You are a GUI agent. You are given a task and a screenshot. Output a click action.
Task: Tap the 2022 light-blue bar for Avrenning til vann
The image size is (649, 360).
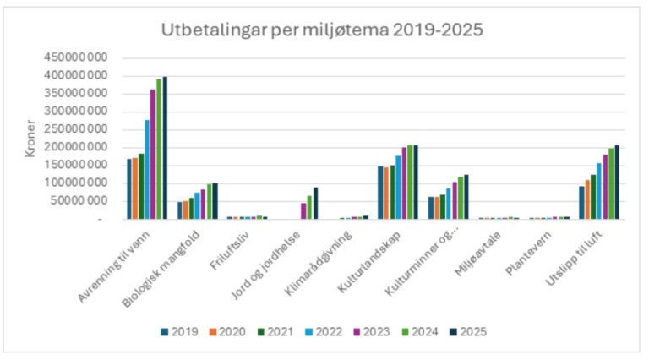pos(147,169)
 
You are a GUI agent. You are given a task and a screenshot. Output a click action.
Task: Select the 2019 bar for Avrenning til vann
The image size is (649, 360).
pos(129,188)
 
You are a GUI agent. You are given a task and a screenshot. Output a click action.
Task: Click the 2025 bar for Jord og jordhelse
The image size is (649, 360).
pos(315,203)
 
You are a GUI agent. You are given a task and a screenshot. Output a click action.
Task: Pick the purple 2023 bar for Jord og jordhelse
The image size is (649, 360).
pos(303,210)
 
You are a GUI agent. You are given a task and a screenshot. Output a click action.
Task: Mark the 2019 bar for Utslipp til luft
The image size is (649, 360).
pos(582,202)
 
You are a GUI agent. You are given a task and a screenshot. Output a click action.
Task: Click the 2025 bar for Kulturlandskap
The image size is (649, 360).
pos(415,182)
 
